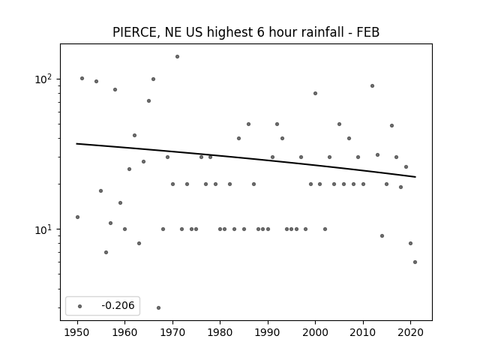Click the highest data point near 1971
pos(177,57)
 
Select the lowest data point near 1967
pos(158,307)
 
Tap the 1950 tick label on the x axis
pos(77,332)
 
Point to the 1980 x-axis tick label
pos(220,332)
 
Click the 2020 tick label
pos(410,332)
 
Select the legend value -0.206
pos(118,305)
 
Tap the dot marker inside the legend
pos(80,306)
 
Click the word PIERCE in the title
pos(136,32)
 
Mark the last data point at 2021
pos(415,262)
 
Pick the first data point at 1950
pos(77,217)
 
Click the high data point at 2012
pos(372,86)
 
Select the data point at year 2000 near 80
pos(315,93)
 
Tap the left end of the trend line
pos(76,143)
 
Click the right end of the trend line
pos(415,177)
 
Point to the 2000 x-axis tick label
pos(315,332)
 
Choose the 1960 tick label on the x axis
pos(125,332)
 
